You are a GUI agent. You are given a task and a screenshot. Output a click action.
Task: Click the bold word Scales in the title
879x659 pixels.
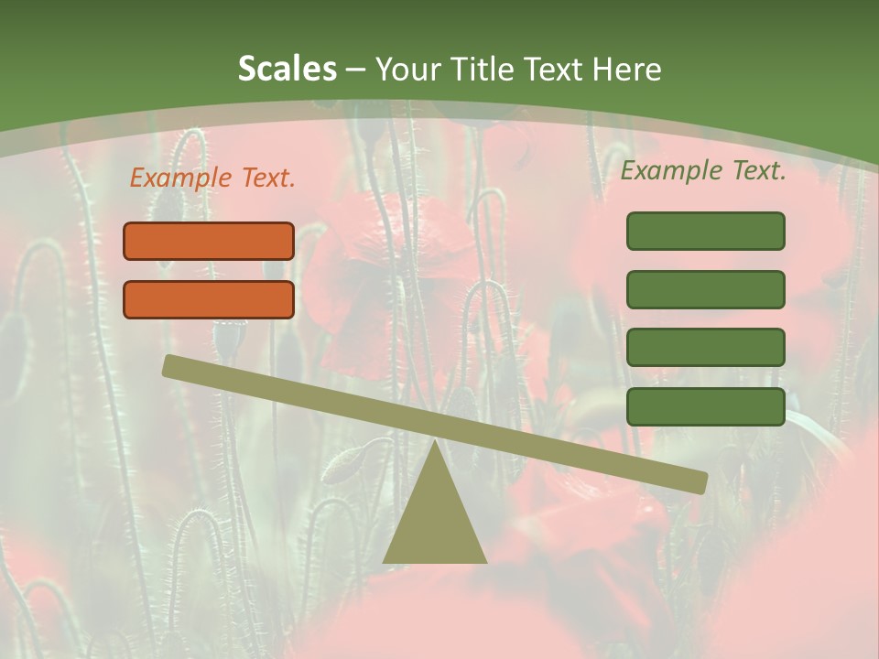pyautogui.click(x=287, y=70)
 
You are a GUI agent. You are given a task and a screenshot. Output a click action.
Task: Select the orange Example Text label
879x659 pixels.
pyautogui.click(x=212, y=178)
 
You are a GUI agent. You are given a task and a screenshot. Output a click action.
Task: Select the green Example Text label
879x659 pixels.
pyautogui.click(x=703, y=170)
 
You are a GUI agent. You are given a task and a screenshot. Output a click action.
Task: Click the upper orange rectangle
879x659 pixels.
pyautogui.click(x=209, y=241)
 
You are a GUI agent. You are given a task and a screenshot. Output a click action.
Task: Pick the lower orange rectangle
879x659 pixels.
pyautogui.click(x=209, y=299)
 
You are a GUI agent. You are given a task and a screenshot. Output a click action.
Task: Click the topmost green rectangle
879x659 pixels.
pyautogui.click(x=705, y=231)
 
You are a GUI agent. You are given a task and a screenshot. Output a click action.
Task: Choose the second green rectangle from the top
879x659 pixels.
pyautogui.click(x=705, y=289)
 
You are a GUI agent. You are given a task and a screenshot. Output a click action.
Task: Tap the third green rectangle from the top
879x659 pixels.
pyautogui.click(x=705, y=348)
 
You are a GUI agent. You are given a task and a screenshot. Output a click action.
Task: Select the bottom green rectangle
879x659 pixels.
pyautogui.click(x=705, y=406)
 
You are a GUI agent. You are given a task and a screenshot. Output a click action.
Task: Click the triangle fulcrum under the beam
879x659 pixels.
pyautogui.click(x=435, y=522)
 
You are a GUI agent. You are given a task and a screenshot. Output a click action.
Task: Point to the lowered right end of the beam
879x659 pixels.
pyautogui.click(x=699, y=482)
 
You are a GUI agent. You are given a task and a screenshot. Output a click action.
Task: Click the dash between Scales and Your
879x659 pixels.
pyautogui.click(x=355, y=70)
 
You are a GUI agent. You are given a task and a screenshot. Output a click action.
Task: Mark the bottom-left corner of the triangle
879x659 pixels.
pyautogui.click(x=385, y=561)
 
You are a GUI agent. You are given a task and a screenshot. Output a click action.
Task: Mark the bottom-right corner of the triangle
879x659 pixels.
pyautogui.click(x=485, y=561)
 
